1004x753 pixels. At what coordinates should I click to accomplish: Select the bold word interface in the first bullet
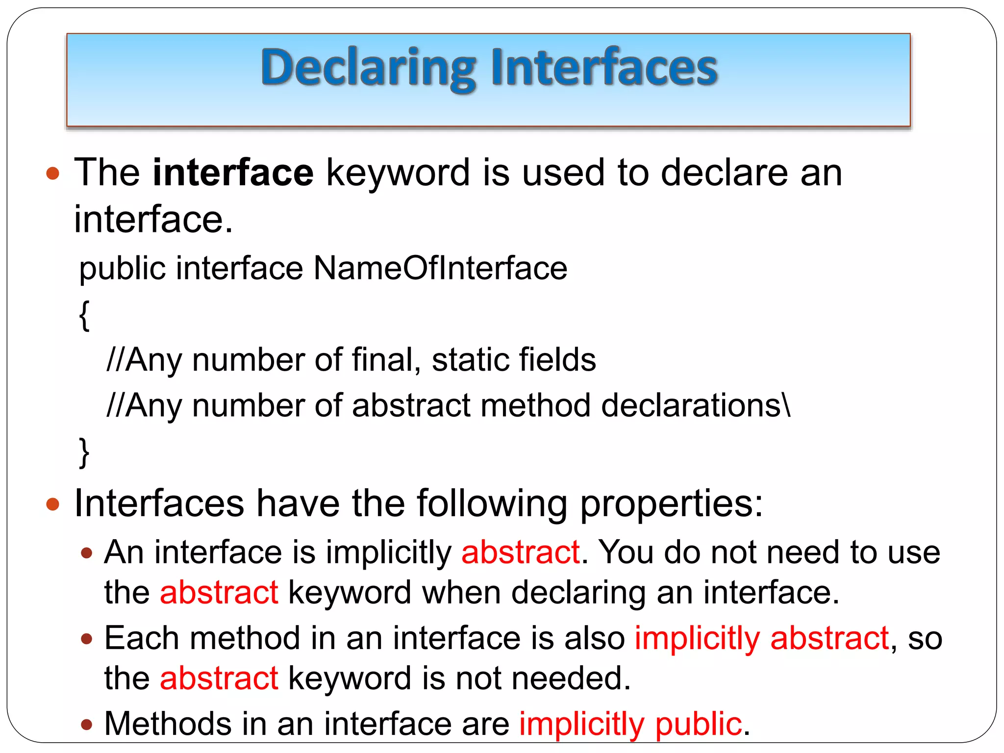click(x=233, y=173)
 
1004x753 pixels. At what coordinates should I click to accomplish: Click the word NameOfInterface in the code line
click(x=440, y=268)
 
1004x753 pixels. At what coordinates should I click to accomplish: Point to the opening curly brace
click(x=84, y=315)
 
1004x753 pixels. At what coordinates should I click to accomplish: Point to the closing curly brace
click(x=84, y=452)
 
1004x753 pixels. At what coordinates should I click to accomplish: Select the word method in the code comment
click(x=535, y=406)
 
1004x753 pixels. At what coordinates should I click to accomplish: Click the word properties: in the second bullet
click(x=672, y=504)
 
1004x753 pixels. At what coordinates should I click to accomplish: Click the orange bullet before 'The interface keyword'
click(x=52, y=173)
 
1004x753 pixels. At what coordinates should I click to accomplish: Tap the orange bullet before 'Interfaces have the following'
click(x=52, y=504)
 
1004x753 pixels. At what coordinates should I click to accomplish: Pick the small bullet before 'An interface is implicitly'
click(x=87, y=553)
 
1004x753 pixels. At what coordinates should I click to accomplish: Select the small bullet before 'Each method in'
click(x=87, y=639)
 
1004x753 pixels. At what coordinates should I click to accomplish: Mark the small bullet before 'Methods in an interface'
click(x=87, y=724)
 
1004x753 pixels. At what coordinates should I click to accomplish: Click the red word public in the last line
click(x=698, y=724)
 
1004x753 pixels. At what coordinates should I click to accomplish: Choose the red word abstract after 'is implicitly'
click(x=521, y=552)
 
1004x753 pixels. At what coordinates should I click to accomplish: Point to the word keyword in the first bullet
click(x=398, y=173)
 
